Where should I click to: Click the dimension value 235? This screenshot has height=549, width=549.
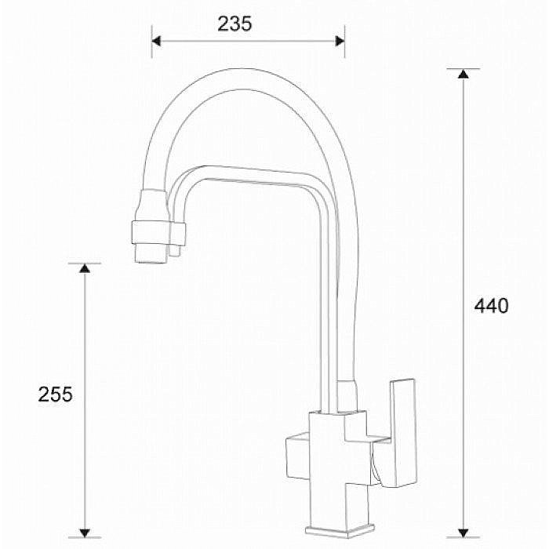235,24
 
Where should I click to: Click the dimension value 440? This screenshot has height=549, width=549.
491,305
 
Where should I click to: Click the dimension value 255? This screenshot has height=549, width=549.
55,394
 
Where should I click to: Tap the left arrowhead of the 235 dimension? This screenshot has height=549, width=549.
157,41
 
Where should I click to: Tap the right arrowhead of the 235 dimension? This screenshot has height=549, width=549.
340,41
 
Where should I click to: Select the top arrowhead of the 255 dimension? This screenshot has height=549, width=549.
85,268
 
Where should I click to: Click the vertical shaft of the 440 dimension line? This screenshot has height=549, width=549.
464,196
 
